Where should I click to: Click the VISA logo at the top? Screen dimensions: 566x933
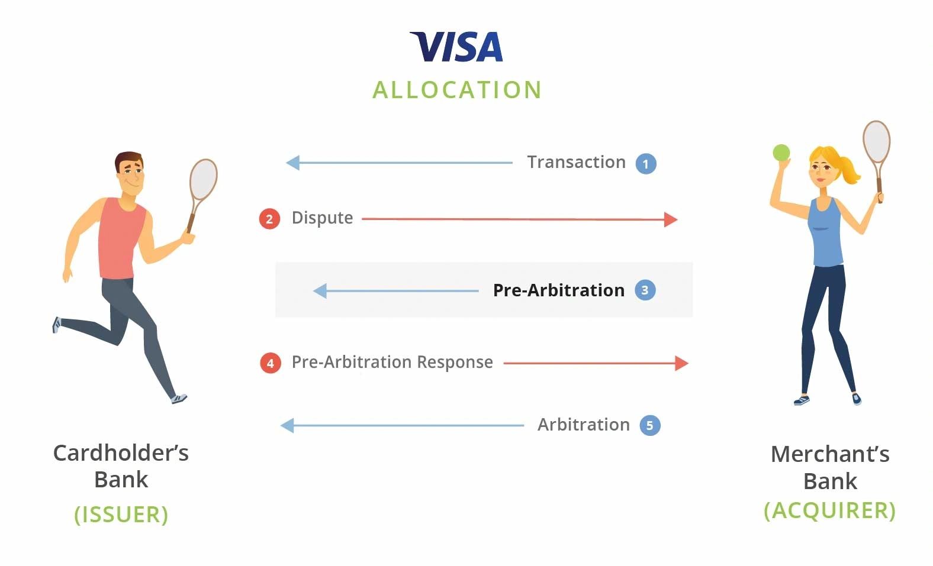(456, 47)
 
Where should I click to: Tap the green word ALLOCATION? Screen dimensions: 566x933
(457, 90)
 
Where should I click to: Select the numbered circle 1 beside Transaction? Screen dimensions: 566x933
(645, 164)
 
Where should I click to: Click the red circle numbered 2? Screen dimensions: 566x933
(269, 219)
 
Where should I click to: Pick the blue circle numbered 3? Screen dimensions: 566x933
(645, 290)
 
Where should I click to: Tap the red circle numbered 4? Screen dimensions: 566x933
(270, 363)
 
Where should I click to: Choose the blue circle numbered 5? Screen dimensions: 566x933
(649, 425)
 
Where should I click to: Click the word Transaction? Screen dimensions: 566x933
(576, 162)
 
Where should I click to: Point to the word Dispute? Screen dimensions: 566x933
(322, 218)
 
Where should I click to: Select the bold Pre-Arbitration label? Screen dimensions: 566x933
(558, 290)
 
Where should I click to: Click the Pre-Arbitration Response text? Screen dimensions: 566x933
(392, 362)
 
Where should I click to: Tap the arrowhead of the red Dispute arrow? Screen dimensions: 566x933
(671, 219)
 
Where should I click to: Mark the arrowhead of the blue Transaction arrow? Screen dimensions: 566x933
(292, 163)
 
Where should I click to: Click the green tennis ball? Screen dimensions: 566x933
(781, 153)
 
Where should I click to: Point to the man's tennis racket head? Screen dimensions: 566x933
(203, 179)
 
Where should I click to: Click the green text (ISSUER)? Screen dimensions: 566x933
(121, 515)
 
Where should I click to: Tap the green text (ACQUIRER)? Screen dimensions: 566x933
(829, 510)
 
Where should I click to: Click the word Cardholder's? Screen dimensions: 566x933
(121, 453)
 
